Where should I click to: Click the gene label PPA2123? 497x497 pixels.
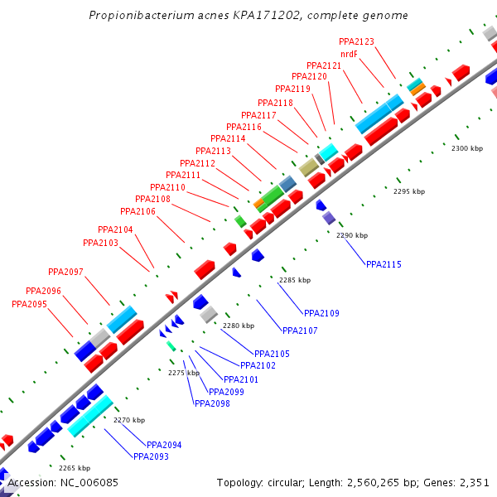pyautogui.click(x=356, y=41)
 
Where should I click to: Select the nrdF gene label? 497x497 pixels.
pyautogui.click(x=349, y=54)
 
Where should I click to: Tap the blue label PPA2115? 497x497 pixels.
pyautogui.click(x=384, y=264)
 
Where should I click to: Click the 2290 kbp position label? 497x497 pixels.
pyautogui.click(x=351, y=235)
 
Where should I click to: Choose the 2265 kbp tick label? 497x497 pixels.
pyautogui.click(x=74, y=468)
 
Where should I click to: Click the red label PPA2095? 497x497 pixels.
pyautogui.click(x=29, y=304)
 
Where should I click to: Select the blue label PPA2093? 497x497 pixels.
pyautogui.click(x=151, y=456)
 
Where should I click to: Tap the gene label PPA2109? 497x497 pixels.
pyautogui.click(x=321, y=313)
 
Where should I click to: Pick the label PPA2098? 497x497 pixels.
pyautogui.click(x=211, y=403)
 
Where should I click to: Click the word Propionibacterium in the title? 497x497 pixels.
pyautogui.click(x=136, y=16)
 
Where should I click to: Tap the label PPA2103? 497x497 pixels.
pyautogui.click(x=100, y=243)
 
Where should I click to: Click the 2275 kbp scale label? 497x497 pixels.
pyautogui.click(x=184, y=373)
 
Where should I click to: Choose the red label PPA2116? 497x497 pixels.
pyautogui.click(x=244, y=127)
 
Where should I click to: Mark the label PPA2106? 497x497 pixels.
pyautogui.click(x=138, y=211)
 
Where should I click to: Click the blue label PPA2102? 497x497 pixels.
pyautogui.click(x=258, y=365)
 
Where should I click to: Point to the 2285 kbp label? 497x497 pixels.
pyautogui.click(x=295, y=280)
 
